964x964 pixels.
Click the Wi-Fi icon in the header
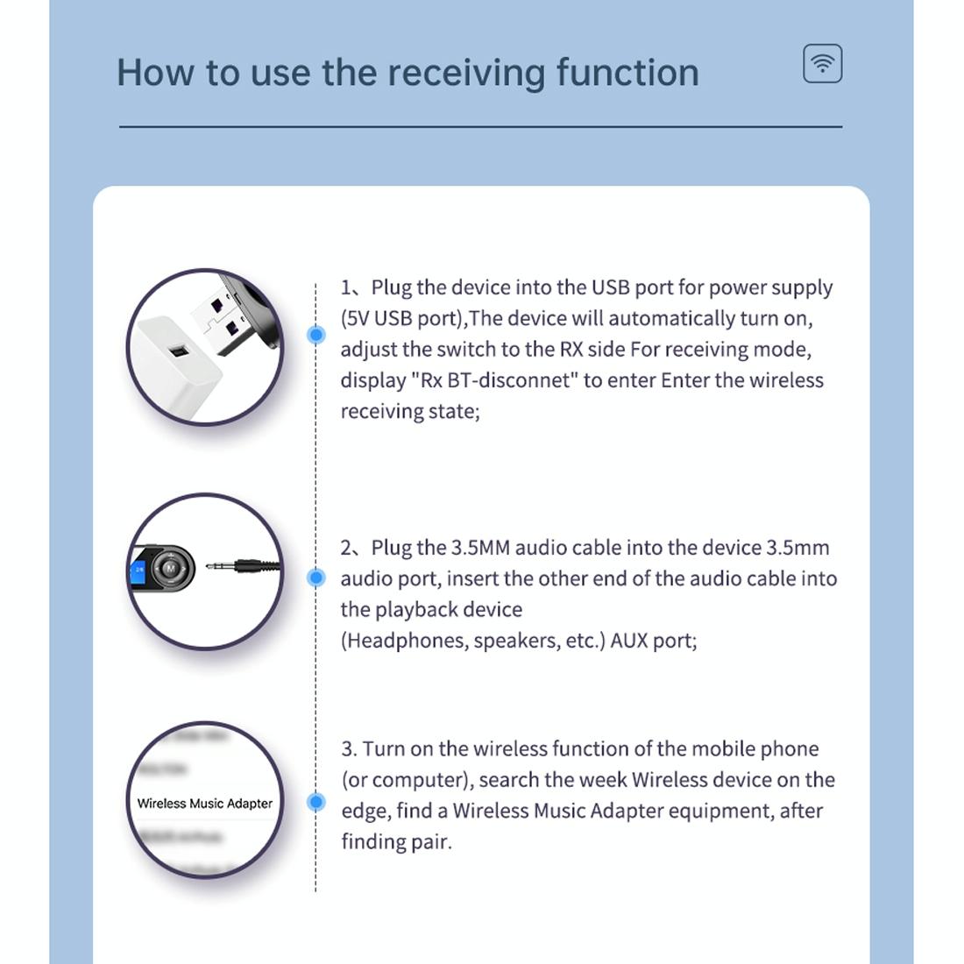pyautogui.click(x=822, y=64)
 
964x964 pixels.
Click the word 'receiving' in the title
pyautogui.click(x=465, y=73)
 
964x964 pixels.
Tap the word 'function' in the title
pyautogui.click(x=627, y=72)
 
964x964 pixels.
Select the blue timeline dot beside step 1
pyautogui.click(x=316, y=334)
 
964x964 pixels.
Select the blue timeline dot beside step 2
pyautogui.click(x=316, y=577)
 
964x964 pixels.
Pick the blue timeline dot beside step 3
pyautogui.click(x=316, y=802)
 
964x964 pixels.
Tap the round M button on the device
pyautogui.click(x=169, y=570)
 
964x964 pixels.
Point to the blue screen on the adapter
pyautogui.click(x=138, y=573)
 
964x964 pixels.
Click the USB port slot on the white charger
pyautogui.click(x=180, y=352)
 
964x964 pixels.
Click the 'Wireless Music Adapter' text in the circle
pyautogui.click(x=204, y=804)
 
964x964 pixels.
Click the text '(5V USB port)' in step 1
pyautogui.click(x=401, y=318)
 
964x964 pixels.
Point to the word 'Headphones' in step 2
pyautogui.click(x=403, y=641)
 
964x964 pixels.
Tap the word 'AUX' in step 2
pyautogui.click(x=628, y=641)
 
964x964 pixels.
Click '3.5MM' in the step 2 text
pyautogui.click(x=479, y=548)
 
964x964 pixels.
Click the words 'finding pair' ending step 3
pyautogui.click(x=395, y=842)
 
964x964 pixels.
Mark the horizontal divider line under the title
pyautogui.click(x=480, y=127)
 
